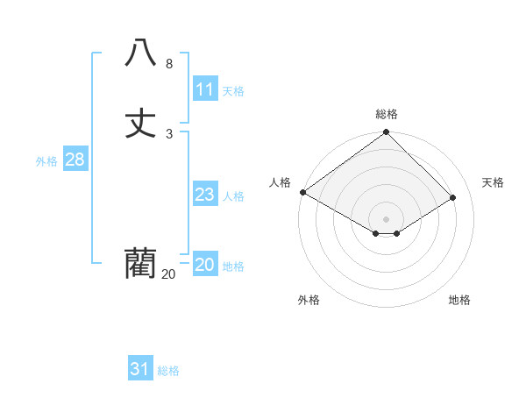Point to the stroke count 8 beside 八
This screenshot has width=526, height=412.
point(169,64)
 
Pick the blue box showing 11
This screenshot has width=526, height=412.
point(205,89)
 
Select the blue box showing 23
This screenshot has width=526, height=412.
point(205,195)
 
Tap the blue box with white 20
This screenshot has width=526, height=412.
point(205,265)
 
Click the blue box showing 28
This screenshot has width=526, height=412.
point(75,160)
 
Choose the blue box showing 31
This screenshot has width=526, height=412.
point(140,369)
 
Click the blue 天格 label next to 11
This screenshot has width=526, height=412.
point(233,91)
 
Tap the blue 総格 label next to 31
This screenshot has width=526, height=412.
point(168,371)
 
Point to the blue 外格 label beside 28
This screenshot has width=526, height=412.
point(46,161)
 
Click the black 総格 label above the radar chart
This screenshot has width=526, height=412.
point(387,114)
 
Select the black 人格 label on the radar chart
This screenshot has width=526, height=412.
point(280,182)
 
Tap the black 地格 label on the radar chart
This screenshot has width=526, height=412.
point(459,300)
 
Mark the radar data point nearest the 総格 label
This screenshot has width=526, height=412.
point(387,133)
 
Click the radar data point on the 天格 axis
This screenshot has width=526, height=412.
point(453,198)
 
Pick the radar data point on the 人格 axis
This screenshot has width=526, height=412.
point(302,192)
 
